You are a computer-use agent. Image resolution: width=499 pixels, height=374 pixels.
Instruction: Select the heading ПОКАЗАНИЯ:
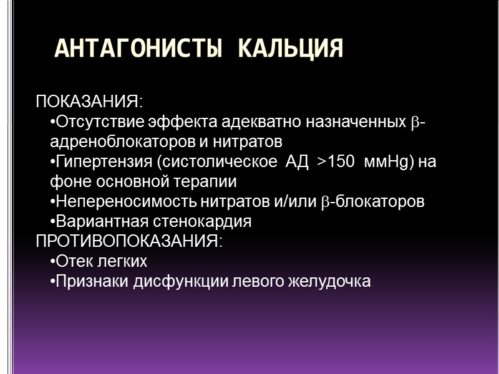click(x=89, y=102)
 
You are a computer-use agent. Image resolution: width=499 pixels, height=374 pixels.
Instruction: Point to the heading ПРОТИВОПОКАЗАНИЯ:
click(x=129, y=241)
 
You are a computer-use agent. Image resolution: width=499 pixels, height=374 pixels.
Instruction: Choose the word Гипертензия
click(x=104, y=163)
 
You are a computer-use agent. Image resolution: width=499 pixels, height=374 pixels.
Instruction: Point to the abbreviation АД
click(x=296, y=163)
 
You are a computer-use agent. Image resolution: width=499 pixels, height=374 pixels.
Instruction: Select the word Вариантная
click(x=94, y=221)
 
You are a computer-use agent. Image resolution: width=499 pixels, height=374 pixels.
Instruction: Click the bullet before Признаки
click(x=52, y=282)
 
